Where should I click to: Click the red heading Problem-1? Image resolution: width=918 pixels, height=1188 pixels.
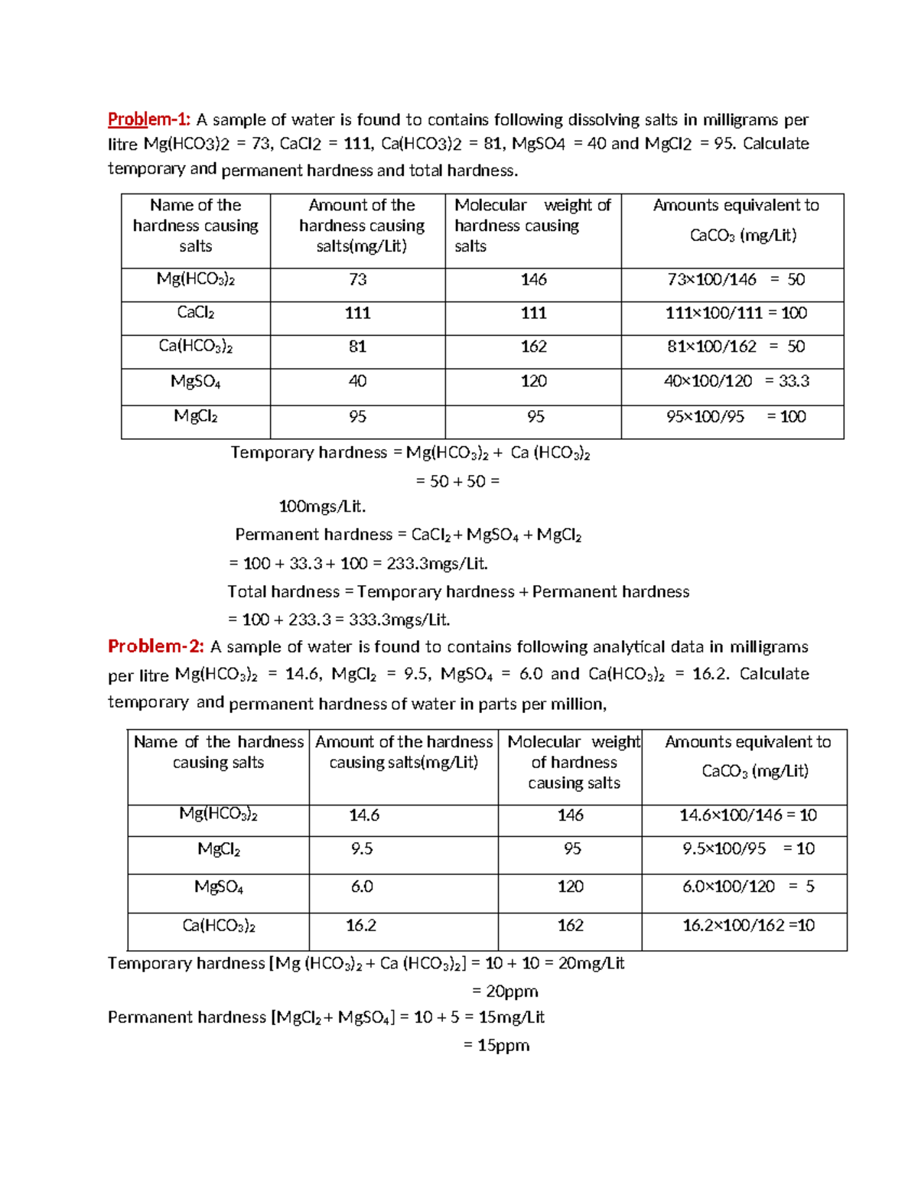pyautogui.click(x=148, y=119)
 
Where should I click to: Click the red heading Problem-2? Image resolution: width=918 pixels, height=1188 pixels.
pyautogui.click(x=156, y=646)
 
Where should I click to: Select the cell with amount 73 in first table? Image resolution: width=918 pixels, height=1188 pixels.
pyautogui.click(x=357, y=280)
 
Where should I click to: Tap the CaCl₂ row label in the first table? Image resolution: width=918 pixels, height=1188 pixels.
pyautogui.click(x=196, y=313)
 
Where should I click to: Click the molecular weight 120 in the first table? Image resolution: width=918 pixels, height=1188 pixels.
pyautogui.click(x=533, y=381)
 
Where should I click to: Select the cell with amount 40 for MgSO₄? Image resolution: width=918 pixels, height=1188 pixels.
pyautogui.click(x=357, y=381)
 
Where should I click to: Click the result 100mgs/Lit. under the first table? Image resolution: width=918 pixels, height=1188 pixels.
pyautogui.click(x=322, y=506)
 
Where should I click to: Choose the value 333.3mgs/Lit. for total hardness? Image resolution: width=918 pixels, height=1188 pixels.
pyautogui.click(x=399, y=620)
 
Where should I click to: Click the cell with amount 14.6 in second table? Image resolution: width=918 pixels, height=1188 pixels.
pyautogui.click(x=364, y=815)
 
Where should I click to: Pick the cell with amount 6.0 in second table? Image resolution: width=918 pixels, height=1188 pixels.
pyautogui.click(x=362, y=887)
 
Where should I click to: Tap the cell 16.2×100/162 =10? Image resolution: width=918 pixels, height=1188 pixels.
pyautogui.click(x=747, y=926)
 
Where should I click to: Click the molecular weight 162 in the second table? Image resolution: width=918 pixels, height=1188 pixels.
pyautogui.click(x=571, y=926)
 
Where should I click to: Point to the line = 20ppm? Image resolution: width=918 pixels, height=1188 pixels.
pyautogui.click(x=505, y=991)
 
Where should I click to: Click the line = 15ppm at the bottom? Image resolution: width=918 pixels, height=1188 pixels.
pyautogui.click(x=496, y=1045)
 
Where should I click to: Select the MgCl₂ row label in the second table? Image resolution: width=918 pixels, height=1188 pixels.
pyautogui.click(x=219, y=849)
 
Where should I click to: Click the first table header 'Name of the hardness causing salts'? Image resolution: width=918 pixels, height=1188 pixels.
pyautogui.click(x=196, y=226)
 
